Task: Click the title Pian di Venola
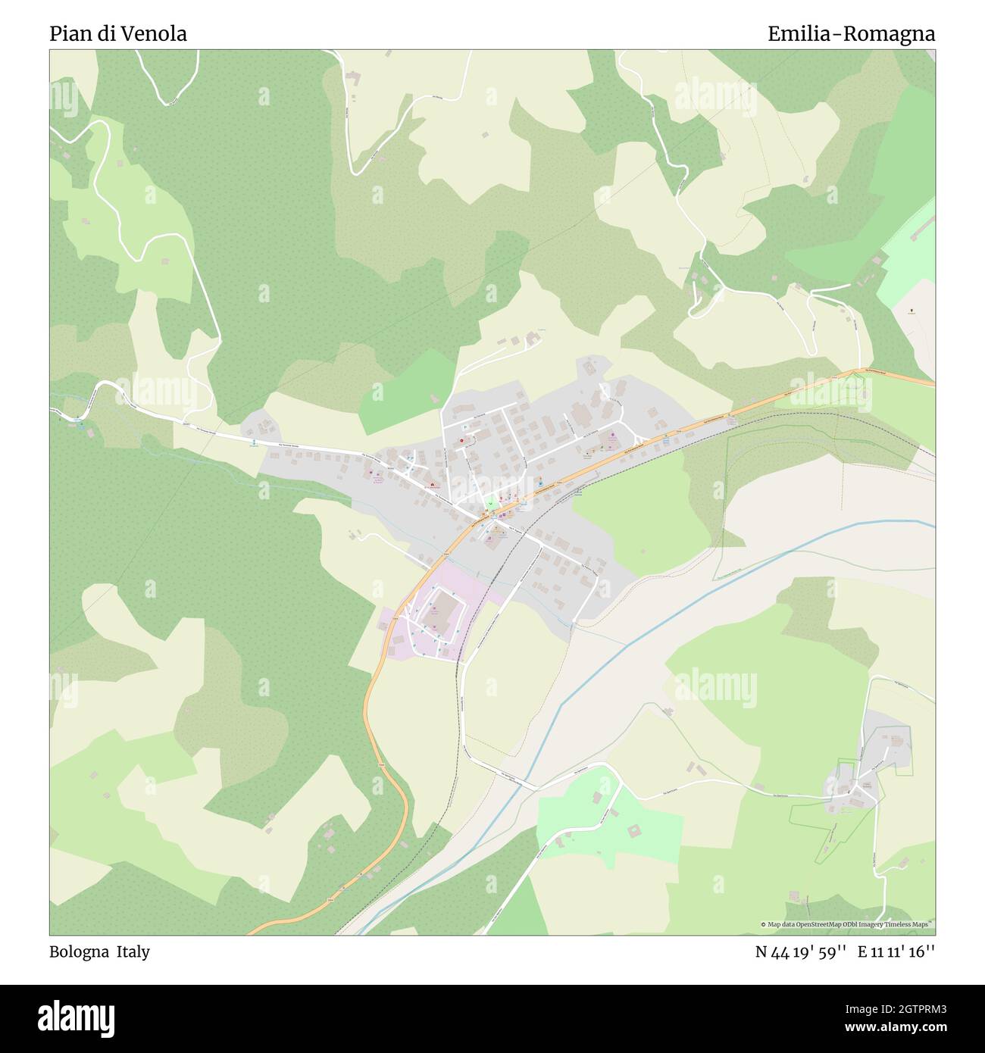click(x=118, y=34)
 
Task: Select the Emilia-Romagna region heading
click(x=851, y=34)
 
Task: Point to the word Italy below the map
click(x=133, y=951)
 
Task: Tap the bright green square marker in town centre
click(x=490, y=502)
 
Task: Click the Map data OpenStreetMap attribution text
click(x=847, y=924)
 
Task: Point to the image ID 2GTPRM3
click(x=909, y=1008)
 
